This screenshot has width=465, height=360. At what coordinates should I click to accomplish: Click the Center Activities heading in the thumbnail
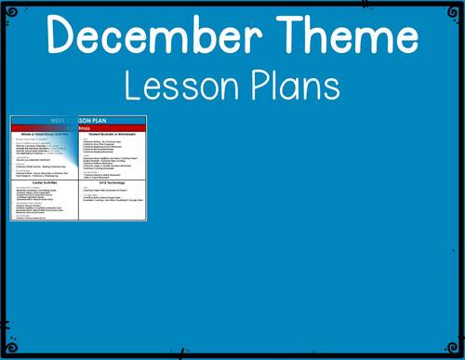[x=44, y=183]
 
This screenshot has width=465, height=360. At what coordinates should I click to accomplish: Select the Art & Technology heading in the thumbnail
[x=112, y=183]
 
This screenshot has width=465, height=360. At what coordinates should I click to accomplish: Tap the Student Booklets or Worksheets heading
[x=113, y=135]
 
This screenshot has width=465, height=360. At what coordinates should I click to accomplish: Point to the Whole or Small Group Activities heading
[x=44, y=135]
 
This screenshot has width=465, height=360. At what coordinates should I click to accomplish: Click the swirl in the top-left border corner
[x=8, y=8]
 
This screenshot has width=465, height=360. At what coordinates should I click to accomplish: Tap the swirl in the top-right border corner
[x=456, y=8]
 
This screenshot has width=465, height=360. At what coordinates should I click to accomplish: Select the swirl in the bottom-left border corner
[x=8, y=351]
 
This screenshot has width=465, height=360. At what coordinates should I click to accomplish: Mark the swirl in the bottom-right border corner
[x=456, y=351]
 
